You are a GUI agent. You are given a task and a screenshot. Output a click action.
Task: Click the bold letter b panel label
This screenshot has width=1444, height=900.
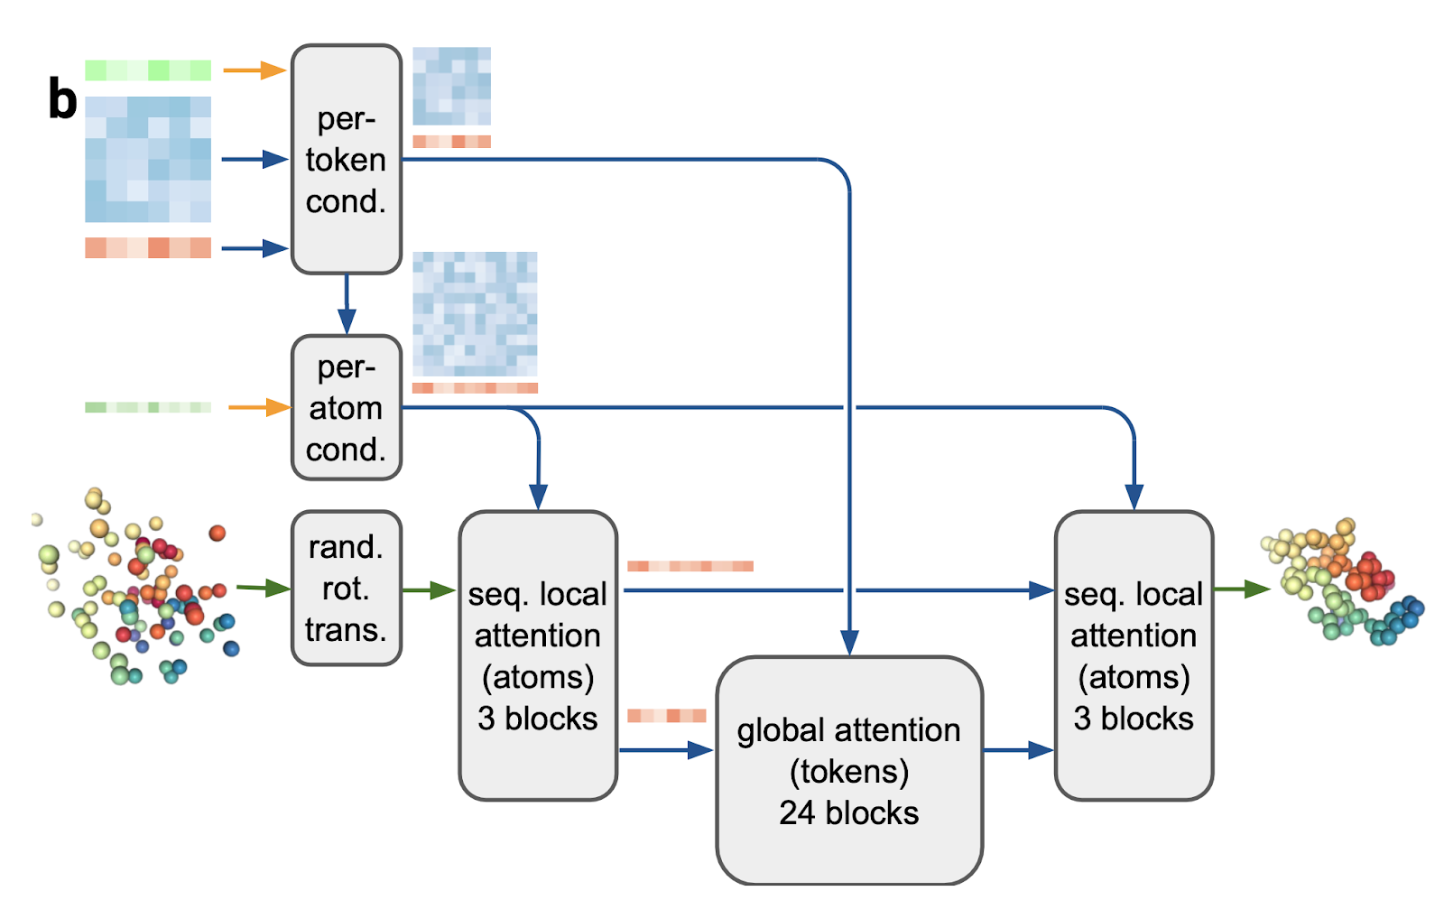62,99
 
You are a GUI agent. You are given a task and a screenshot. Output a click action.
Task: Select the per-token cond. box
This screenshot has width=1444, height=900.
346,160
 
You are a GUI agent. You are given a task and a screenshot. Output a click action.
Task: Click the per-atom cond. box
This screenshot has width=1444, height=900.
346,408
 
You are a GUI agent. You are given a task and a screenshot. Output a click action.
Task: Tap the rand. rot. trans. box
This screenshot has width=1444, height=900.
346,589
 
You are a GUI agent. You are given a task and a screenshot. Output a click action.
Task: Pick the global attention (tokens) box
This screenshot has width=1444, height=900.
848,770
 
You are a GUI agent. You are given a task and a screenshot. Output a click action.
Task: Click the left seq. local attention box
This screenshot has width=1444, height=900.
538,655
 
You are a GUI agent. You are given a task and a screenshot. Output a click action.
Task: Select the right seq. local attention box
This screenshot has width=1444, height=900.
1134,655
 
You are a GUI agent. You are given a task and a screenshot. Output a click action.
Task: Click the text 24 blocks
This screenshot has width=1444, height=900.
848,812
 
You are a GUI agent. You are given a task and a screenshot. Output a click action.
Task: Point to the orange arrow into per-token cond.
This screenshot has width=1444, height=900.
255,70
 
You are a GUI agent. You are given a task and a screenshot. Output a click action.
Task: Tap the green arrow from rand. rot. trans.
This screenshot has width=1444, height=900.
428,590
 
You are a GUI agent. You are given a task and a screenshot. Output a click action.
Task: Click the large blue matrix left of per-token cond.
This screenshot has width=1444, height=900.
148,160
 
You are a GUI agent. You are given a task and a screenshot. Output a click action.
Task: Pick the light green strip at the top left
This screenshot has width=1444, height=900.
148,70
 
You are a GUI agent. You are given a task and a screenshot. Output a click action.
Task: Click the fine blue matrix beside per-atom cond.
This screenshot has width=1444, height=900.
475,314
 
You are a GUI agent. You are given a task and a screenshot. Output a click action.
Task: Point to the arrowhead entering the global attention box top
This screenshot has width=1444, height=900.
849,642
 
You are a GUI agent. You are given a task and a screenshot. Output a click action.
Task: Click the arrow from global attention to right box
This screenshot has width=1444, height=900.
1018,749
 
